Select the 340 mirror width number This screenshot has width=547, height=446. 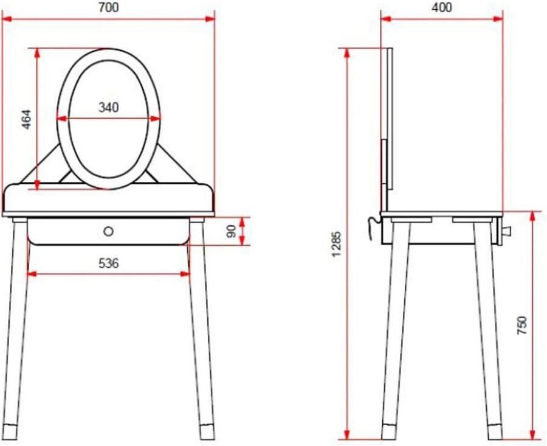(109, 107)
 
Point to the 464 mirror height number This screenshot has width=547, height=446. (27, 119)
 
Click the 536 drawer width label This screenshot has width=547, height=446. (109, 263)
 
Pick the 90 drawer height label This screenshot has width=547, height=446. (232, 231)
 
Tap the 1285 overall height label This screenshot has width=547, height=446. (336, 244)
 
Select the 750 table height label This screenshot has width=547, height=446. (521, 325)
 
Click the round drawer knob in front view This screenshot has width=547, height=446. (109, 231)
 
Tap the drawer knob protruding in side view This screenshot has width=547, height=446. (506, 231)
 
